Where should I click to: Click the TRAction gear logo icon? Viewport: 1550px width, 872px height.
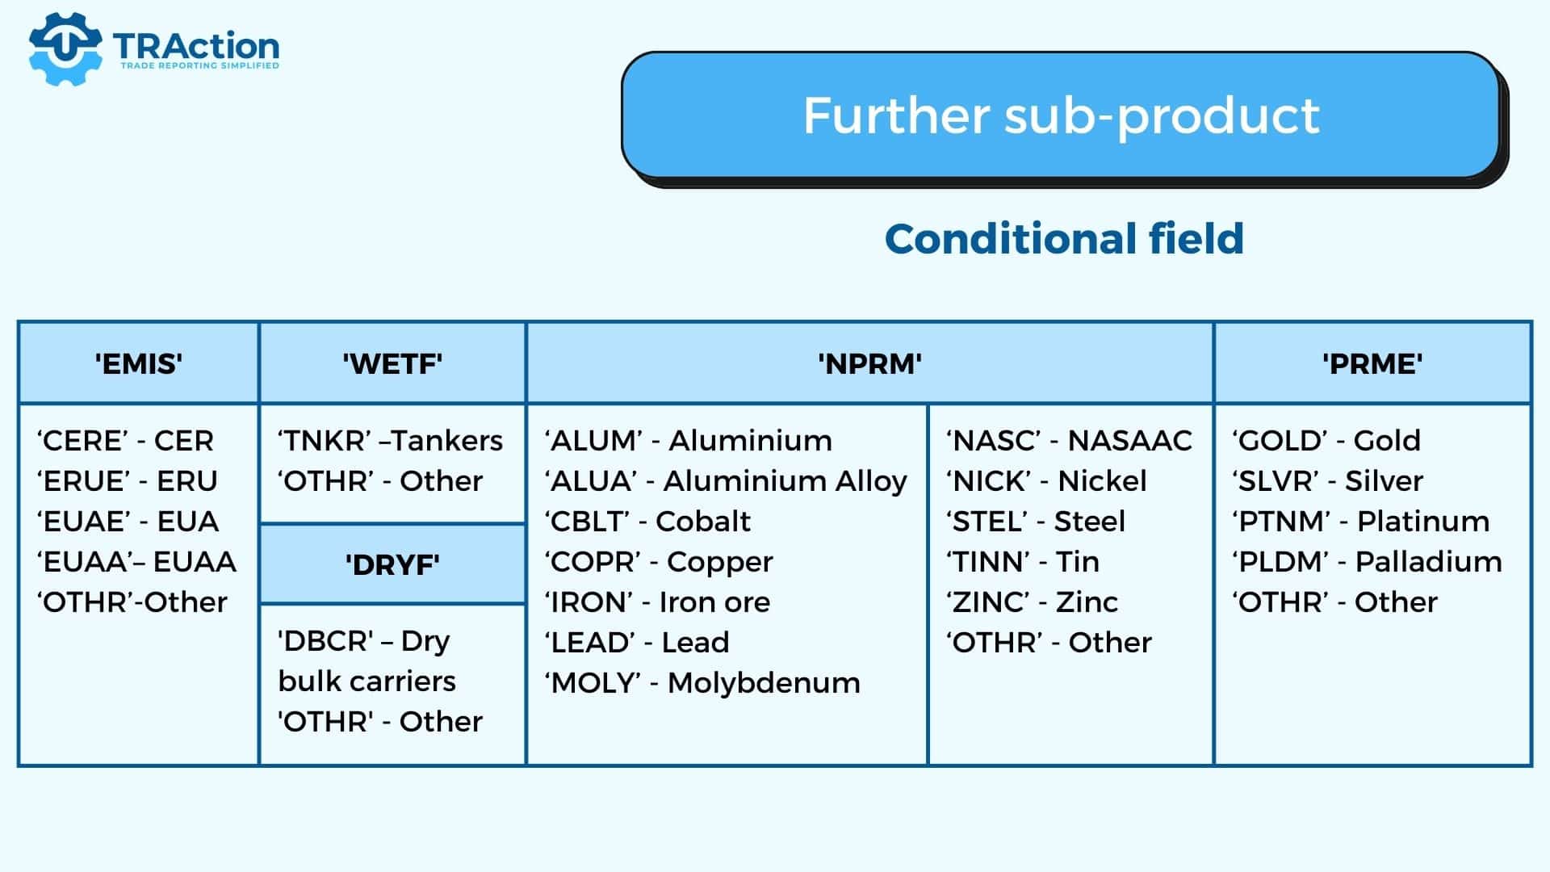click(65, 48)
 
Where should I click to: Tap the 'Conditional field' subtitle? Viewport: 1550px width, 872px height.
click(1064, 238)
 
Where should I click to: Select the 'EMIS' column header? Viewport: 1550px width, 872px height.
click(138, 363)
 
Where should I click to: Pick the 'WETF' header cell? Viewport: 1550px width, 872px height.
click(392, 363)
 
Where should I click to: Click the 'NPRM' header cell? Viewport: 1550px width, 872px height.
click(869, 363)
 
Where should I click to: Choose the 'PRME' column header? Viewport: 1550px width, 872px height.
click(1372, 363)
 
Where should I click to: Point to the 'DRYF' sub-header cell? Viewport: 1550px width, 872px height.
click(392, 564)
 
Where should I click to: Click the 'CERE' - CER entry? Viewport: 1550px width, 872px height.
click(125, 441)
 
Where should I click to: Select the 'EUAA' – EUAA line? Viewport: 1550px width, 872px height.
click(136, 562)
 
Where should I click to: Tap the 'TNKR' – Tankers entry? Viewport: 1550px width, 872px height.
click(390, 441)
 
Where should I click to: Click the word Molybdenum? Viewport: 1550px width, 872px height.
click(764, 683)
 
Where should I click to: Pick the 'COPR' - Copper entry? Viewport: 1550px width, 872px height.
click(659, 562)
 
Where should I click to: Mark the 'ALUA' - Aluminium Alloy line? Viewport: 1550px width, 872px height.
click(726, 481)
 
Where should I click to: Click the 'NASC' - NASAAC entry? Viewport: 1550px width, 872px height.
click(1069, 441)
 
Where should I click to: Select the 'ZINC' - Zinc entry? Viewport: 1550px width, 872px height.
click(1032, 602)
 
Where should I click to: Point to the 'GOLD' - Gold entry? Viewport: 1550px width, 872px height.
click(1326, 441)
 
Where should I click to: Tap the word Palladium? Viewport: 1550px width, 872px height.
click(1428, 562)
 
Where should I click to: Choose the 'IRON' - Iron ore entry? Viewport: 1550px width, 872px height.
click(657, 602)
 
